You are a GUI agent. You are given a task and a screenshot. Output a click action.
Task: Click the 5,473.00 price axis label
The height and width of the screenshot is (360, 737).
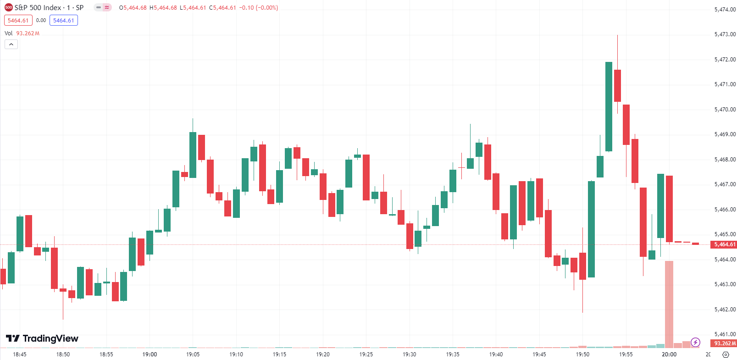tap(725, 34)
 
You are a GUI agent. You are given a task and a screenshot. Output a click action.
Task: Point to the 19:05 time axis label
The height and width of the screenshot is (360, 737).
tap(193, 354)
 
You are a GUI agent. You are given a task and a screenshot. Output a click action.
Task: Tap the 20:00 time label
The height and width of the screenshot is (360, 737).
tap(669, 354)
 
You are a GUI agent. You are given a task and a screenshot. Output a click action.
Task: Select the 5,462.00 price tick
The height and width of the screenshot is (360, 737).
tap(725, 310)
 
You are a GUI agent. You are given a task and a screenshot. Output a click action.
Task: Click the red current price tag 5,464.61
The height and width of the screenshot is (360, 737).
tap(724, 244)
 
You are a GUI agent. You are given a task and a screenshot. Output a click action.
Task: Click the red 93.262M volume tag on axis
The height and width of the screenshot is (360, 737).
tap(724, 343)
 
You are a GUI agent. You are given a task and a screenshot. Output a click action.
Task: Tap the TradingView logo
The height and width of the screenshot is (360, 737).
tap(42, 338)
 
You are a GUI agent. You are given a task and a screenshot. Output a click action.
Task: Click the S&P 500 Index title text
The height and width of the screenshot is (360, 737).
tap(38, 8)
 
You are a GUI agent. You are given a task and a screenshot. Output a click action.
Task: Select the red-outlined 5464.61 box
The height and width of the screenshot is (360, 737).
tap(18, 21)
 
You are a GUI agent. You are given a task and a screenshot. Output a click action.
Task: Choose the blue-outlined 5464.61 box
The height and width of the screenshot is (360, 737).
tap(64, 21)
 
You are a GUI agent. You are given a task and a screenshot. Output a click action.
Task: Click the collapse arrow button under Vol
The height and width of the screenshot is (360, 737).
tap(11, 44)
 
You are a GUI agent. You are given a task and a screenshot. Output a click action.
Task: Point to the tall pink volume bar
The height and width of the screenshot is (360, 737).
tap(669, 303)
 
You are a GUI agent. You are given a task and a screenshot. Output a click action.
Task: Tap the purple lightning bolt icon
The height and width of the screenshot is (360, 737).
tap(696, 342)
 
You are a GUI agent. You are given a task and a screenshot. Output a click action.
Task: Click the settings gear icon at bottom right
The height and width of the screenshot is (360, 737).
tap(726, 354)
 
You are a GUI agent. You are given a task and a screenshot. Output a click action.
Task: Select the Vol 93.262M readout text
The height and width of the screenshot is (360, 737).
tap(22, 33)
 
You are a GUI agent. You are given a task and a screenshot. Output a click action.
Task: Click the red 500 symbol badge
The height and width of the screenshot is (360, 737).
tap(8, 8)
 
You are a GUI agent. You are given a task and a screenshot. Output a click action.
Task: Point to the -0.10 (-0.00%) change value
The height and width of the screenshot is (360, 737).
tap(259, 8)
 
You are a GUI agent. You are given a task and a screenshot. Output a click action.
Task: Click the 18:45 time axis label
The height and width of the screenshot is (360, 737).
tap(20, 354)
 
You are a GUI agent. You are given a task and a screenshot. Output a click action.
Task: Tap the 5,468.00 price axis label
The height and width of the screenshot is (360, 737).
tap(725, 160)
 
